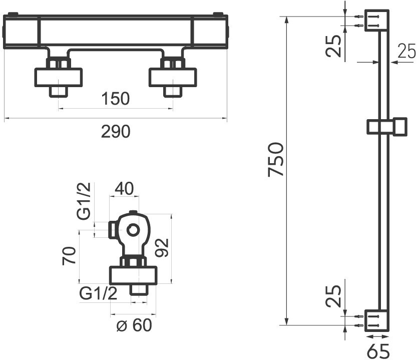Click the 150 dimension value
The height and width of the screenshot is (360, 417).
pyautogui.click(x=115, y=99)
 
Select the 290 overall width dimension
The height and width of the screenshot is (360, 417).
pyautogui.click(x=116, y=131)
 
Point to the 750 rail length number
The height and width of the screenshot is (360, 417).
pyautogui.click(x=276, y=160)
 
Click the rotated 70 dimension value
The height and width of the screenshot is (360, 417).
pyautogui.click(x=70, y=255)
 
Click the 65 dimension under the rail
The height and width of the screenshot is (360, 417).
pyautogui.click(x=377, y=350)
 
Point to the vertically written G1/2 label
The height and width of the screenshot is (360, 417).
pyautogui.click(x=84, y=201)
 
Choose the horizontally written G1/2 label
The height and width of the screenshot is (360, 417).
pyautogui.click(x=98, y=293)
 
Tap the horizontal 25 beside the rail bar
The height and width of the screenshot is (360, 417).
pyautogui.click(x=407, y=51)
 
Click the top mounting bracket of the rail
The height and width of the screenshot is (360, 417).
pyautogui.click(x=377, y=21)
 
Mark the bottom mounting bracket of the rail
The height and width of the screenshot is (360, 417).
pyautogui.click(x=377, y=320)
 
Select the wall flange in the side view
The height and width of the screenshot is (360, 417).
pyautogui.click(x=134, y=275)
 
